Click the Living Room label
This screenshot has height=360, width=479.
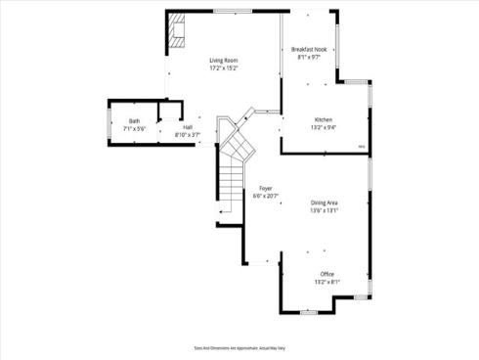(224, 61)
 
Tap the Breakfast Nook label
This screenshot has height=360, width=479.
(310, 49)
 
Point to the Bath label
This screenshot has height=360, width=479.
(134, 121)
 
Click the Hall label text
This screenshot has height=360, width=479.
(187, 126)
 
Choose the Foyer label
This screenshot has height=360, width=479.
(266, 188)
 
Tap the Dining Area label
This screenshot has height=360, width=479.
(325, 202)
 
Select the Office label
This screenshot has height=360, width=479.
(327, 274)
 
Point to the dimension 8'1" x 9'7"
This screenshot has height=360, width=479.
(310, 58)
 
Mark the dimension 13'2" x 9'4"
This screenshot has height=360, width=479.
(325, 127)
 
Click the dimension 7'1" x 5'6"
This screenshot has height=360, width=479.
(134, 129)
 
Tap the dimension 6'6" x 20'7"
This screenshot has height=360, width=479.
(266, 196)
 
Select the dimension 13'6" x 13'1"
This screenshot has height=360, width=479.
(325, 210)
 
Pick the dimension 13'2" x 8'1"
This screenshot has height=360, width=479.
(327, 282)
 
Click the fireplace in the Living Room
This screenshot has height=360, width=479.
(176, 32)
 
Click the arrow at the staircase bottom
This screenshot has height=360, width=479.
(223, 211)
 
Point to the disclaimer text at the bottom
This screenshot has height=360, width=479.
(239, 347)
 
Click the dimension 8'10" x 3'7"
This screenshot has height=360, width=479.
(187, 134)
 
